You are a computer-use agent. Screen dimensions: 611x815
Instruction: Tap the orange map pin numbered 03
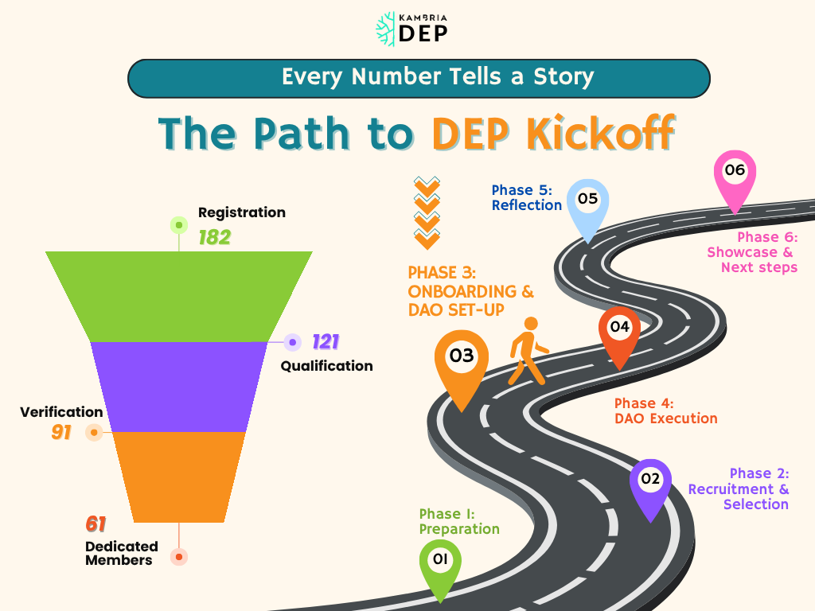coord(462,362)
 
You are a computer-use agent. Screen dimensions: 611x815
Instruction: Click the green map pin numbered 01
coord(440,563)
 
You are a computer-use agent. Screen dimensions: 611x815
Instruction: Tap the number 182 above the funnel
coord(214,237)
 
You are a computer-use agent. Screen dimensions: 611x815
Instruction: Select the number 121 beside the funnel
coord(326,342)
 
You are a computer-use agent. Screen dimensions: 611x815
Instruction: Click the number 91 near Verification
coord(62,433)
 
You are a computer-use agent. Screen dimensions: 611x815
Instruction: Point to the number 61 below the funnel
coord(96,524)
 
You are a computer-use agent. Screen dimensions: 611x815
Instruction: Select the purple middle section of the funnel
coord(179,386)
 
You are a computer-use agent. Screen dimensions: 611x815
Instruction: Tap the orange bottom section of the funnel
coord(179,477)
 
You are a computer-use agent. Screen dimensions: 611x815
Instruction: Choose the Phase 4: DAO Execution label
coord(665,411)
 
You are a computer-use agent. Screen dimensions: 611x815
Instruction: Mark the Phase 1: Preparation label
coord(459,521)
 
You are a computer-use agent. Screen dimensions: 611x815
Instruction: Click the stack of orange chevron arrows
coord(427,212)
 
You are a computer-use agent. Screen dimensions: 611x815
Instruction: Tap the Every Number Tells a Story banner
coord(418,77)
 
